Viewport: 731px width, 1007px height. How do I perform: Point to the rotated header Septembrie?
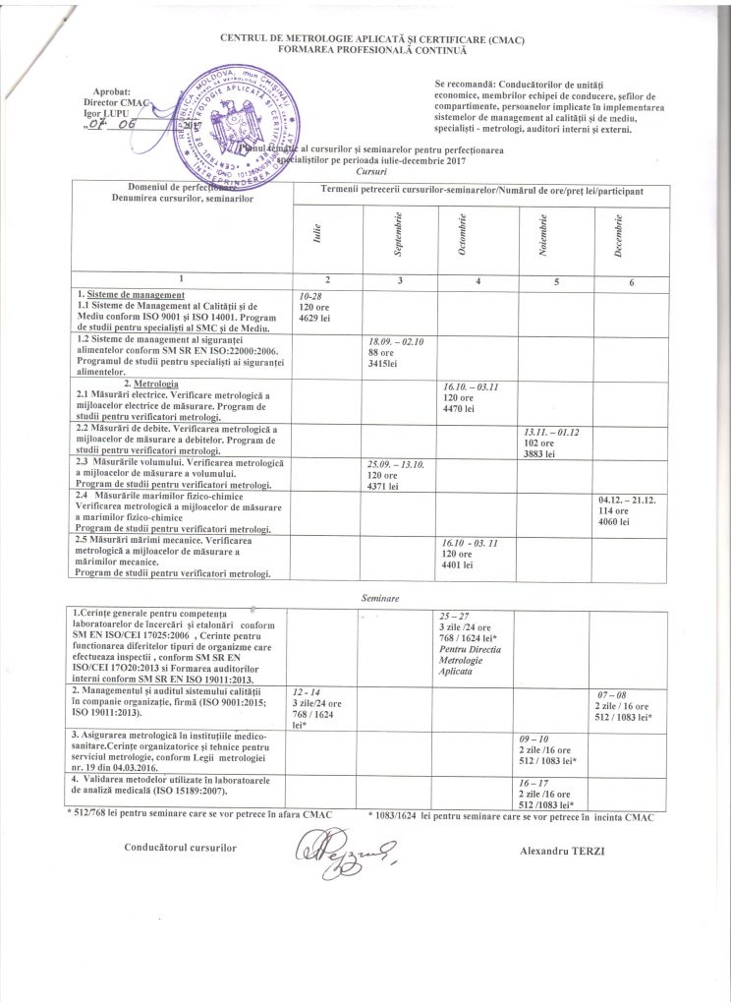pyautogui.click(x=398, y=234)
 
